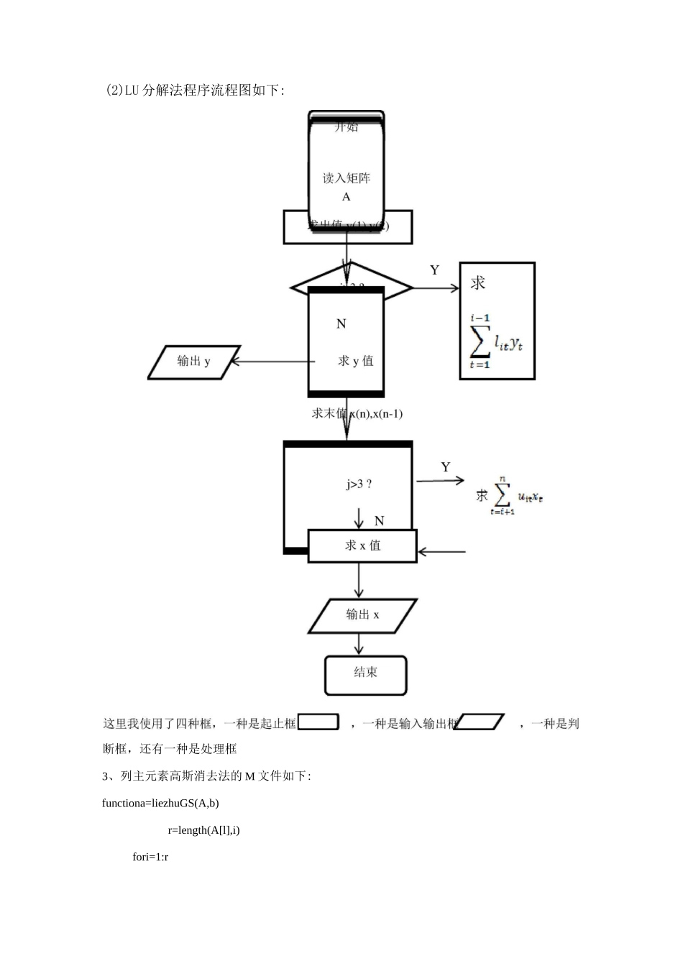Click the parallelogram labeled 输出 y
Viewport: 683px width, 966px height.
193,362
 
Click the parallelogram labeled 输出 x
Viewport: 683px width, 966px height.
362,615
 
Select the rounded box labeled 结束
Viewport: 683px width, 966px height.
365,674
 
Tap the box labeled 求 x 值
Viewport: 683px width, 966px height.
362,546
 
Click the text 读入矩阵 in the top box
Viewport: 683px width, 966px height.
347,178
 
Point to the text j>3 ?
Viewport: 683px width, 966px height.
359,484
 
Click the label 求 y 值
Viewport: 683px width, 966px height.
356,361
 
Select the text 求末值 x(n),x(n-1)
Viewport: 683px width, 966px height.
357,414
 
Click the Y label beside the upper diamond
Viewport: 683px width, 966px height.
434,270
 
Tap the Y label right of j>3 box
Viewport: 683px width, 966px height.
446,467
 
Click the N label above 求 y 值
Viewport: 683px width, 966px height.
341,324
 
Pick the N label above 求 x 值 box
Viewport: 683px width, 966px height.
379,521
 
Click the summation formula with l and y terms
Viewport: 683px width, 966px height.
496,342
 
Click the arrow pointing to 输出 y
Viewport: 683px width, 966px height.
270,362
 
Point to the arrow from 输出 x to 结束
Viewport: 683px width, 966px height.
359,644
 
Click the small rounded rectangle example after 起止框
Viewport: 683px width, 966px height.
318,722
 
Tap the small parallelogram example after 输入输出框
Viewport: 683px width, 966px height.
481,722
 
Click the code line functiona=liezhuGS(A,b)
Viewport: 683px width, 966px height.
160,803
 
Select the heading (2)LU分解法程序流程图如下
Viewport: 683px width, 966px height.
195,91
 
